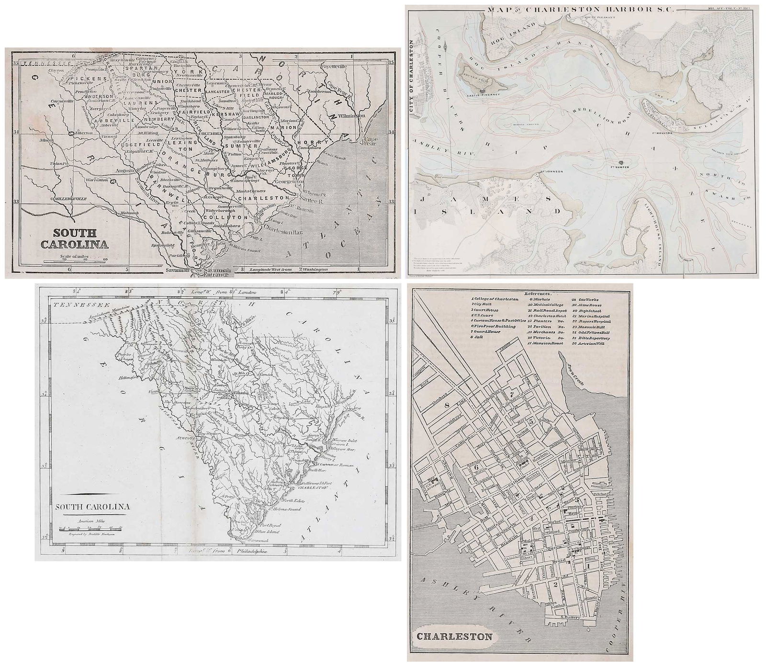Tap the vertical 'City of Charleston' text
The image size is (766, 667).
click(x=412, y=77)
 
